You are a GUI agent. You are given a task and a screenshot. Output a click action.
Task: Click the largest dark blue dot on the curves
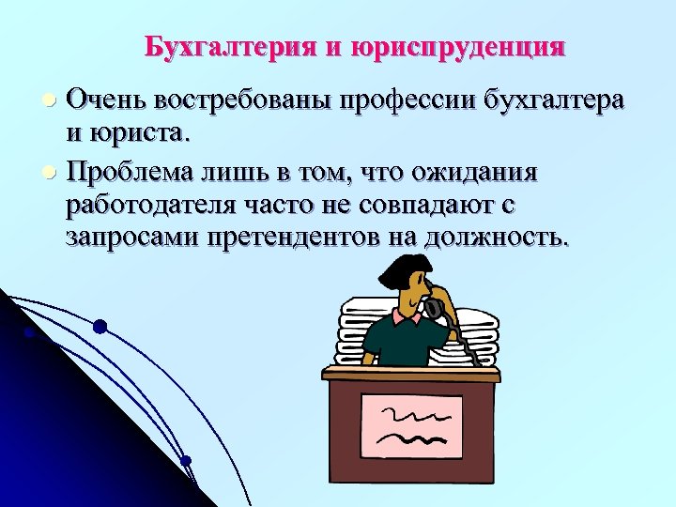[100, 327]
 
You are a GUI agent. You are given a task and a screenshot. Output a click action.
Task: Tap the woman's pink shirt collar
[407, 319]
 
